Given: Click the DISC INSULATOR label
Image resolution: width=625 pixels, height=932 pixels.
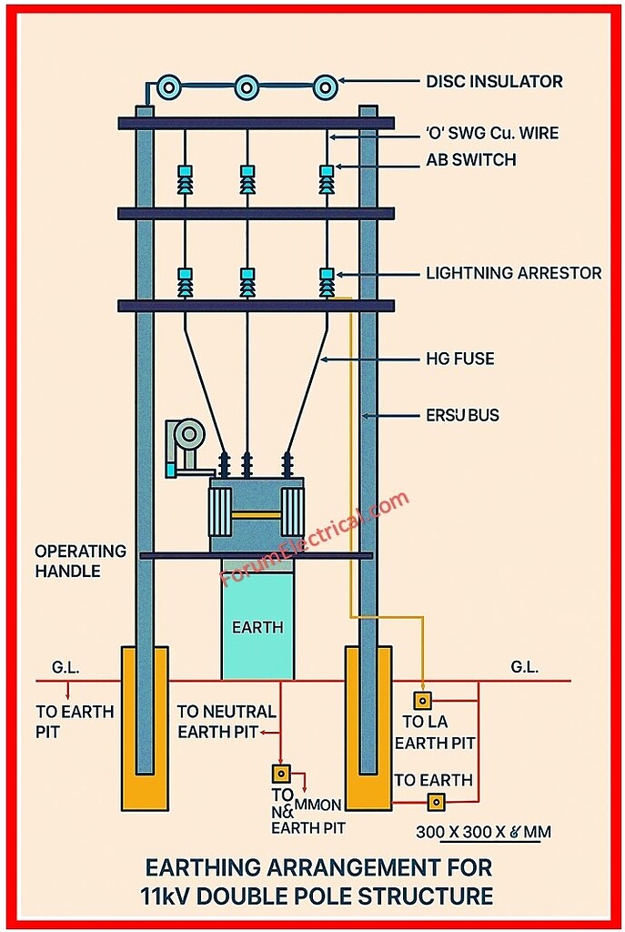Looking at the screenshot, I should [x=494, y=82].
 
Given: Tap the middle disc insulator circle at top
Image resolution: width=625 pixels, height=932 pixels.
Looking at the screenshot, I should [x=247, y=87].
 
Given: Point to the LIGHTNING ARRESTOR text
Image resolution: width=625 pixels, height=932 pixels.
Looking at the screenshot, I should [x=513, y=273].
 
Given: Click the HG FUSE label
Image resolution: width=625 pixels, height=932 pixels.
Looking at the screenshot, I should [x=460, y=359].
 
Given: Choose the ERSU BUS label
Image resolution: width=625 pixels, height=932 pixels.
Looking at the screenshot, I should [x=462, y=416].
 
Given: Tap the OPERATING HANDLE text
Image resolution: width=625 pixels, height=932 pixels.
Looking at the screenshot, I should [x=80, y=562].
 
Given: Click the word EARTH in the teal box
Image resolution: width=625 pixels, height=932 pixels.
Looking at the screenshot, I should [x=257, y=627].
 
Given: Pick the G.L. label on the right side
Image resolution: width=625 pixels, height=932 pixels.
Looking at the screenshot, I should [x=524, y=667].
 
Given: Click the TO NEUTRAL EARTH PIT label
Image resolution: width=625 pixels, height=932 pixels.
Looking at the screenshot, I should [x=226, y=722].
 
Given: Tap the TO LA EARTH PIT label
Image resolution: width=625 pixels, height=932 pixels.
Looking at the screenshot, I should [x=439, y=733].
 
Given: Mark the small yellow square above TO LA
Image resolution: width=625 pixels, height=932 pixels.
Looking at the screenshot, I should [x=422, y=700].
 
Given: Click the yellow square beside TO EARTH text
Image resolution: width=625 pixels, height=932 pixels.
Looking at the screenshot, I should [x=437, y=801].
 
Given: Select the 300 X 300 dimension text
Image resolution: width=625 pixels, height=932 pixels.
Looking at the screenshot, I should [x=483, y=832].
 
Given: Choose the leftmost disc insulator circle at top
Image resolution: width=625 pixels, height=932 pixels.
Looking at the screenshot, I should [x=169, y=87].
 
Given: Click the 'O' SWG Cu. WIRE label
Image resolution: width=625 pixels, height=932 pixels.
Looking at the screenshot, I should [x=492, y=134].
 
